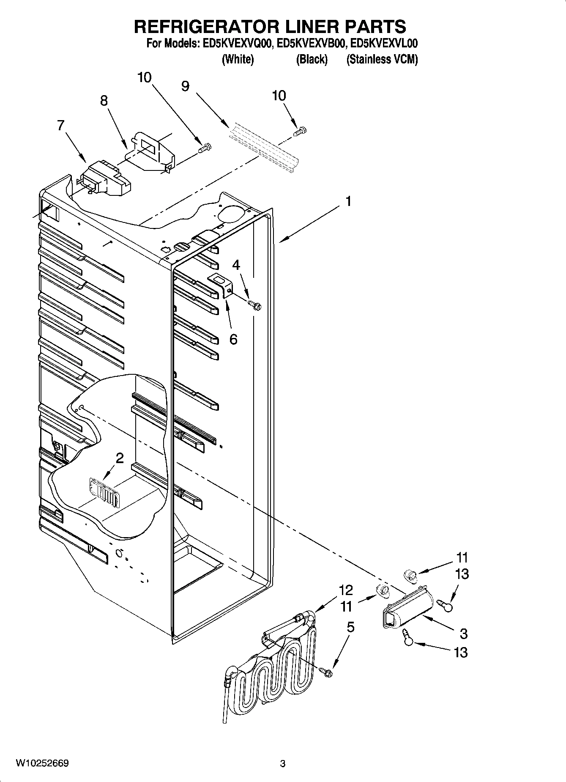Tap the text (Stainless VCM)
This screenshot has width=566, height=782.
coord(382,59)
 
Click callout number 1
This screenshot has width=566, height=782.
coord(348,201)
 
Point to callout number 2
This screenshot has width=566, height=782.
coord(120,458)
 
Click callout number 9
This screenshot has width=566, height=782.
coord(185,86)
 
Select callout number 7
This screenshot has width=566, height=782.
coord(61,126)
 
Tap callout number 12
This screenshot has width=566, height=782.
coord(346,590)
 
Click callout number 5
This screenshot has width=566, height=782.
coord(350,628)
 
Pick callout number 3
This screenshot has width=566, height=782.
coord(463,634)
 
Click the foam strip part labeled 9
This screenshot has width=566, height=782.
coord(264,148)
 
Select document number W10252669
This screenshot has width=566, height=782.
coord(42,763)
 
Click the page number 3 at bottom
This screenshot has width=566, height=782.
coord(282,763)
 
